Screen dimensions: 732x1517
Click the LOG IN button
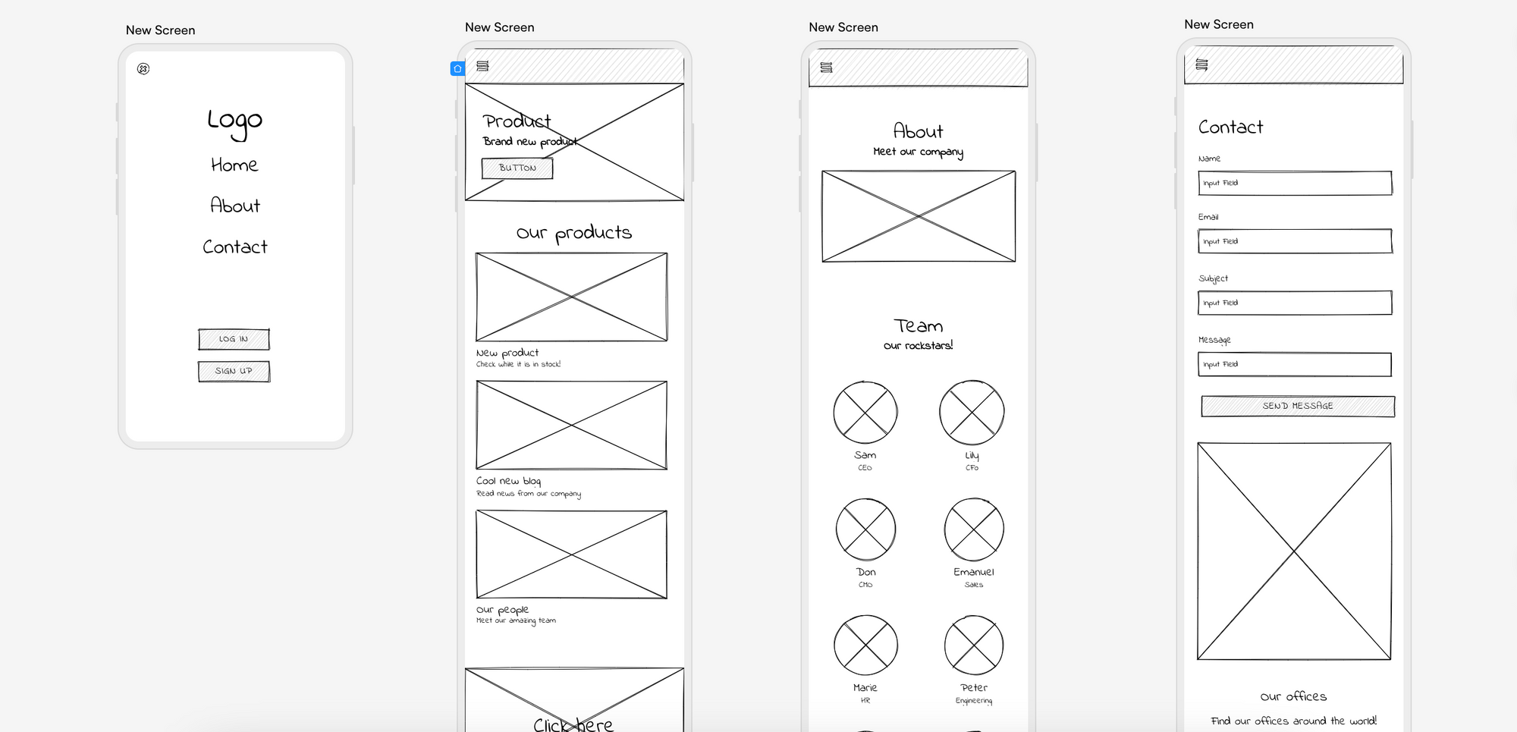pyautogui.click(x=234, y=339)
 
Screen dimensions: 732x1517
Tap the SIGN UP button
pyautogui.click(x=234, y=371)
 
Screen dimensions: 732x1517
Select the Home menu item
pyautogui.click(x=234, y=165)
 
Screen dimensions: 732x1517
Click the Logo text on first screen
pyautogui.click(x=234, y=121)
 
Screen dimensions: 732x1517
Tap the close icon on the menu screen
pyautogui.click(x=143, y=69)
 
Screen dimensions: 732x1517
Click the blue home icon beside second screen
pyautogui.click(x=457, y=69)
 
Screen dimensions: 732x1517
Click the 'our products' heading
pyautogui.click(x=574, y=233)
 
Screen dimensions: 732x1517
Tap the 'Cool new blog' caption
pyautogui.click(x=508, y=481)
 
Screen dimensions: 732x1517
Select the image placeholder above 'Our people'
pyautogui.click(x=571, y=554)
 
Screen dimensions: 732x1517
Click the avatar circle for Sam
pyautogui.click(x=865, y=413)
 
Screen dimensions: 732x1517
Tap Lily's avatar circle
pyautogui.click(x=972, y=413)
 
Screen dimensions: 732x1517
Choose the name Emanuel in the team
pyautogui.click(x=973, y=572)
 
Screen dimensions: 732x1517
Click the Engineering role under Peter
pyautogui.click(x=973, y=701)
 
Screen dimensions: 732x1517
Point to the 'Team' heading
pyautogui.click(x=918, y=326)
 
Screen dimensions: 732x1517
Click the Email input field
pyautogui.click(x=1295, y=241)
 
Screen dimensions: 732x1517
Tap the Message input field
pyautogui.click(x=1295, y=364)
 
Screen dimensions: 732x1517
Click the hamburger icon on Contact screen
pyautogui.click(x=1201, y=64)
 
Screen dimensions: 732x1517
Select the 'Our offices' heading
pyautogui.click(x=1293, y=696)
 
